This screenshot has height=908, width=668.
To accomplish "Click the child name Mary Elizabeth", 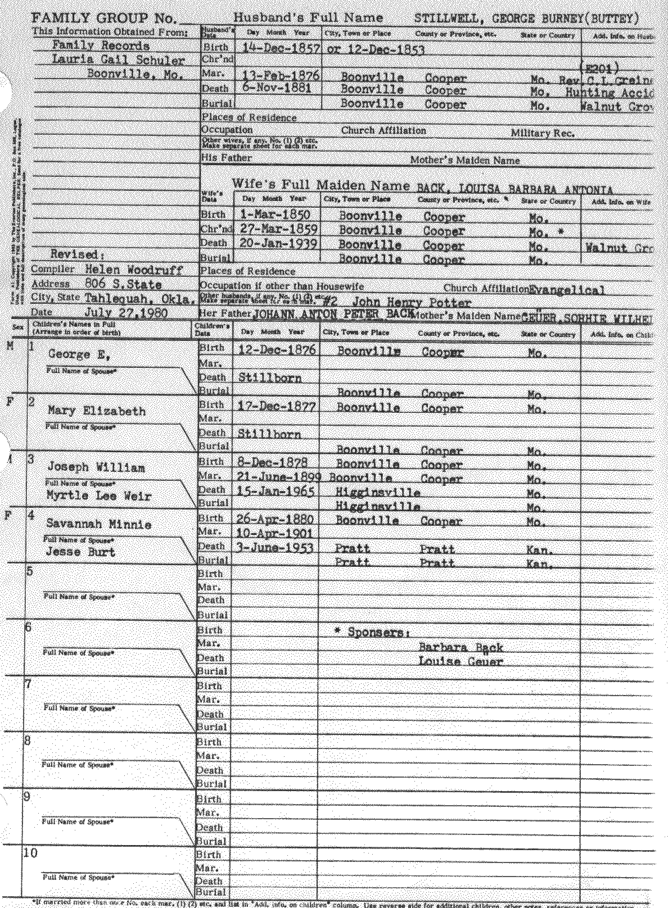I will pos(97,411).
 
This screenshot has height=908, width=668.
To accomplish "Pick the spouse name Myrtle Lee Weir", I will pos(98,496).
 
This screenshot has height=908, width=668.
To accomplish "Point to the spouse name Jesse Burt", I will pos(80,552).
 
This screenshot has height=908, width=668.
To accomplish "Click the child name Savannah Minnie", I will pos(98,524).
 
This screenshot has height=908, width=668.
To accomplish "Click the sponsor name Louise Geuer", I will pos(461,661).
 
